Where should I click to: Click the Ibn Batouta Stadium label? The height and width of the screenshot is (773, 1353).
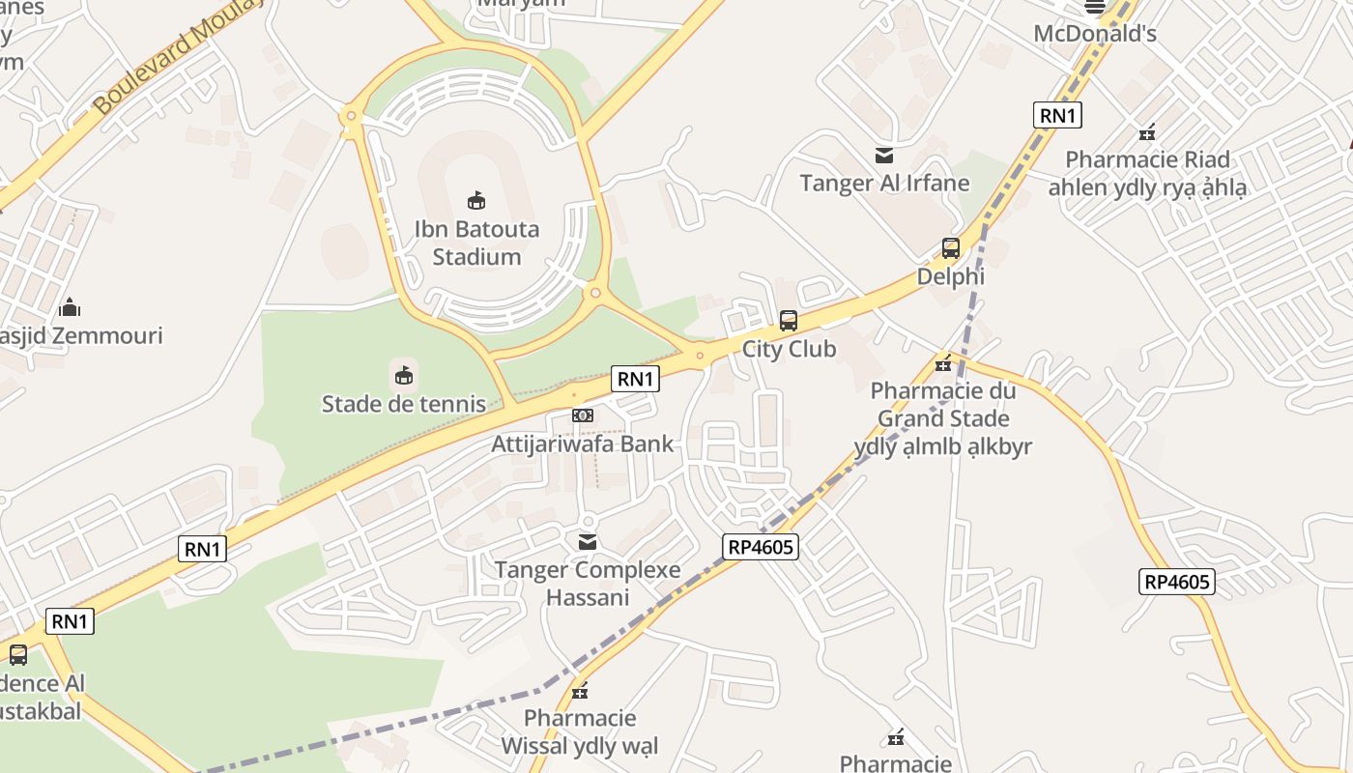[476, 243]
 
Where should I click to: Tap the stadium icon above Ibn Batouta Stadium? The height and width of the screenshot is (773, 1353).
[476, 200]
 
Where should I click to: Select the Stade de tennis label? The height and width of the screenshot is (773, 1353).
[404, 403]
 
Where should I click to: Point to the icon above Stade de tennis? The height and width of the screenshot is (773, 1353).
[404, 374]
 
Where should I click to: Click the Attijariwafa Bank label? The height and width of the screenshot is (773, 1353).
[583, 444]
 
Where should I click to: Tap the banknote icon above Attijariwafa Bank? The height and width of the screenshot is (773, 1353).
[582, 415]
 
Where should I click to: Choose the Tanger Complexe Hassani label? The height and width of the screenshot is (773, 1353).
[588, 583]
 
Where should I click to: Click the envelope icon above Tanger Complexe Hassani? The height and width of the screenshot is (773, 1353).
[588, 542]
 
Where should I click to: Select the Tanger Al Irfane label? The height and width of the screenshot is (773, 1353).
[884, 183]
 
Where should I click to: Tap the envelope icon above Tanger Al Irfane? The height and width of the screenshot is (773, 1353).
[884, 155]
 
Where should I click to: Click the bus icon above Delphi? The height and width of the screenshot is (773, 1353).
[951, 248]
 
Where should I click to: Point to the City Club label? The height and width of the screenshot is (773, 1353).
[789, 349]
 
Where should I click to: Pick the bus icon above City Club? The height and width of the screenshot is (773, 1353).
[789, 320]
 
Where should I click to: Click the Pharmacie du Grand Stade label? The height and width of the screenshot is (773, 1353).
[943, 418]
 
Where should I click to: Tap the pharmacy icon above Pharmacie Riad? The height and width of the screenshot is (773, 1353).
[1147, 132]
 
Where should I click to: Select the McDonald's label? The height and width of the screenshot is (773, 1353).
[1095, 34]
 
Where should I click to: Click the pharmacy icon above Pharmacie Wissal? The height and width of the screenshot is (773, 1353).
[580, 691]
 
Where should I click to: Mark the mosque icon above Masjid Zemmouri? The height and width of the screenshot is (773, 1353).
[70, 307]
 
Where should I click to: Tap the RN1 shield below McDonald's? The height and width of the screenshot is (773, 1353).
[1057, 116]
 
